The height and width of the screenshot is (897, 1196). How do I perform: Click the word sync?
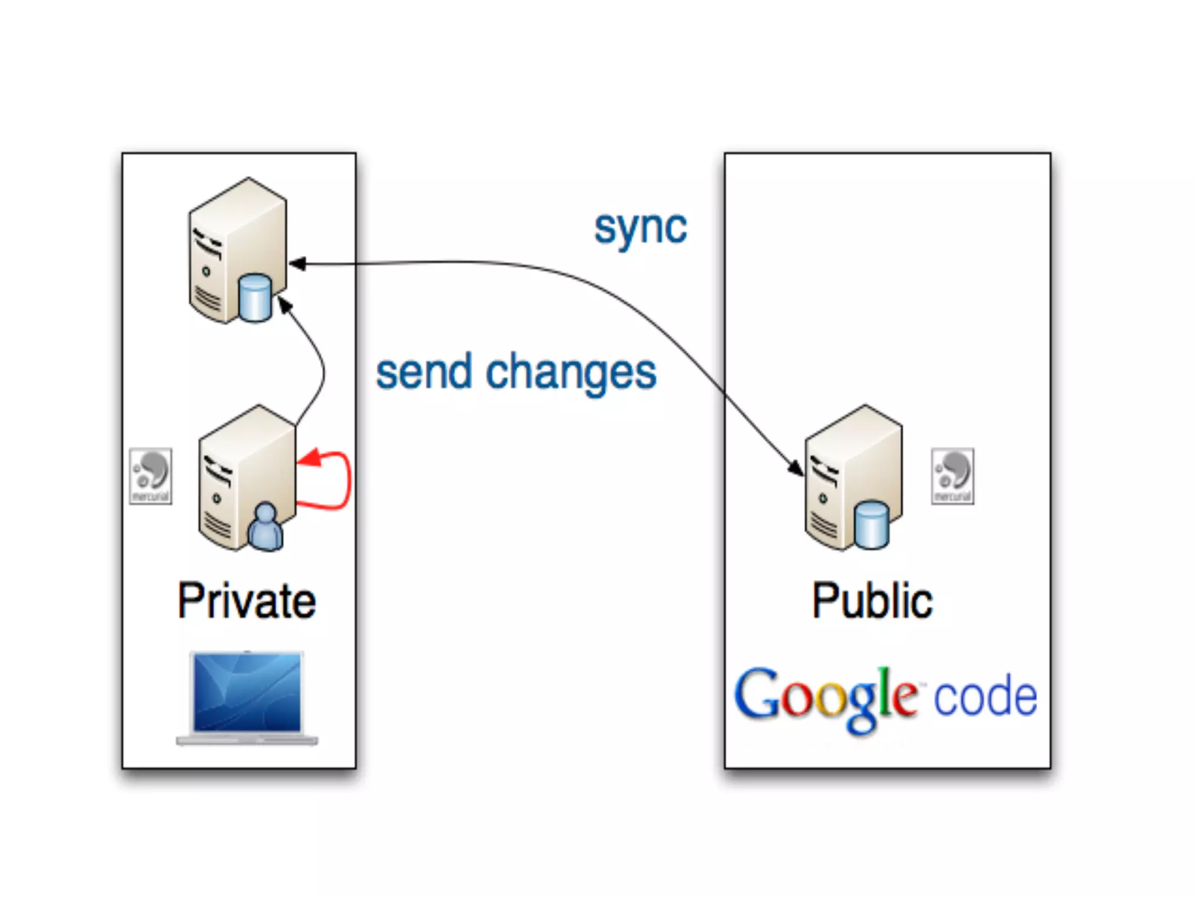coord(640,228)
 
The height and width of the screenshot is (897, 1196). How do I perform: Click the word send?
coord(424,372)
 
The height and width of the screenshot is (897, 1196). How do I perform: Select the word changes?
coord(571,374)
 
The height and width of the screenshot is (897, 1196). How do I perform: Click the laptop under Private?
coord(247,698)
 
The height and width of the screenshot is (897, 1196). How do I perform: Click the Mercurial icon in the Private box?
coord(151,476)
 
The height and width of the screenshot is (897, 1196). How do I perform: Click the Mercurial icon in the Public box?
coord(952,476)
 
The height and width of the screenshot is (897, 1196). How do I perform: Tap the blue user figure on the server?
coord(266,527)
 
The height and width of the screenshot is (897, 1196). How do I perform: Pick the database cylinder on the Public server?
coord(871,524)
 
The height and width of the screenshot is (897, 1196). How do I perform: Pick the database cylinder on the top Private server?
coord(255,297)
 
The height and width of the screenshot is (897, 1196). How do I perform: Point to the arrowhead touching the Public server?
coord(795,468)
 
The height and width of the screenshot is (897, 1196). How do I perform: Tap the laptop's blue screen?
coord(247,692)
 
